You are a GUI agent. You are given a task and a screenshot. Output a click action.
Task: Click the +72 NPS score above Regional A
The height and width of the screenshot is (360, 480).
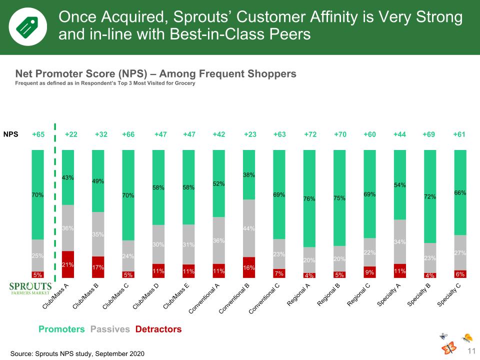click(x=310, y=134)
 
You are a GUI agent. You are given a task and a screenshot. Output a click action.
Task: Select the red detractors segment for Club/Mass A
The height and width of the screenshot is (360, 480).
click(x=68, y=264)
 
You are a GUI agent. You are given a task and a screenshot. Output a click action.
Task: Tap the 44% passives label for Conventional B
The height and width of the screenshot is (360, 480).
click(x=249, y=228)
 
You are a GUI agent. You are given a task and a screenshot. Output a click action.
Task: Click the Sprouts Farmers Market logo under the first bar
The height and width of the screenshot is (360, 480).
click(x=30, y=288)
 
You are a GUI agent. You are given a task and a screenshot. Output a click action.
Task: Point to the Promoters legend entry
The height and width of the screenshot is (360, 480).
click(x=61, y=329)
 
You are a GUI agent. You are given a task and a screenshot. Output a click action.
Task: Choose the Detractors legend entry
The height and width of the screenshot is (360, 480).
click(x=158, y=329)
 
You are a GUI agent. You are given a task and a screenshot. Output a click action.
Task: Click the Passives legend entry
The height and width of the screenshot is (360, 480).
click(x=110, y=329)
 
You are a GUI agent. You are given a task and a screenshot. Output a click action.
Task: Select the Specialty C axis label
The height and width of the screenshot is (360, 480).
click(x=449, y=295)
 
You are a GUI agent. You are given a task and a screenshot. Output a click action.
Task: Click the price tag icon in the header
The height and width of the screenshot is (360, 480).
click(x=27, y=27)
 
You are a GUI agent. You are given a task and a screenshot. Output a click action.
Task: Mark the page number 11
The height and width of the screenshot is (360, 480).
click(x=471, y=351)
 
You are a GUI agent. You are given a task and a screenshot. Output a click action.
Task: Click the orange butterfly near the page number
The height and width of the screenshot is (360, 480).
click(x=449, y=348)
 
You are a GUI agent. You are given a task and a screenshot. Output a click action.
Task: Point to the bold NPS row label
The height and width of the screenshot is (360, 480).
click(x=10, y=134)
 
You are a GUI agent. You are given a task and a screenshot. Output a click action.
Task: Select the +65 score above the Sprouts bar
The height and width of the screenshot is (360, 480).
click(x=38, y=134)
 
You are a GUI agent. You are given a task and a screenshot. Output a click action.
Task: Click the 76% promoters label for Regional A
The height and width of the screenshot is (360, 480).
click(x=309, y=198)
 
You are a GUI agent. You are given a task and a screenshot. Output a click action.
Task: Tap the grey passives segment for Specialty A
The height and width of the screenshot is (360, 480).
click(x=400, y=242)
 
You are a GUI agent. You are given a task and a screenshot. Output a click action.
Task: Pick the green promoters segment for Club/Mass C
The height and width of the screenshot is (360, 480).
click(x=128, y=195)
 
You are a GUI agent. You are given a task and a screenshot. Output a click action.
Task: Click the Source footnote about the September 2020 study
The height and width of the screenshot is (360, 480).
click(x=77, y=353)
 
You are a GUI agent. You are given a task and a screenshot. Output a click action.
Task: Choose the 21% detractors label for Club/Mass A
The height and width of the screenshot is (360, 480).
click(x=67, y=264)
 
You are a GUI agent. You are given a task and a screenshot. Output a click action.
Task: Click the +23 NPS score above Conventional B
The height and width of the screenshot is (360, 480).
click(x=250, y=134)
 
